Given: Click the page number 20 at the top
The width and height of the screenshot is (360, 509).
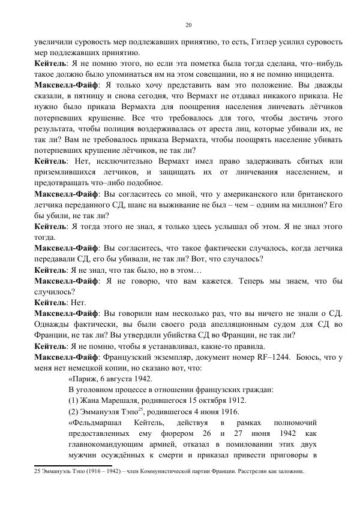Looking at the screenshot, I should pos(188,25).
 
